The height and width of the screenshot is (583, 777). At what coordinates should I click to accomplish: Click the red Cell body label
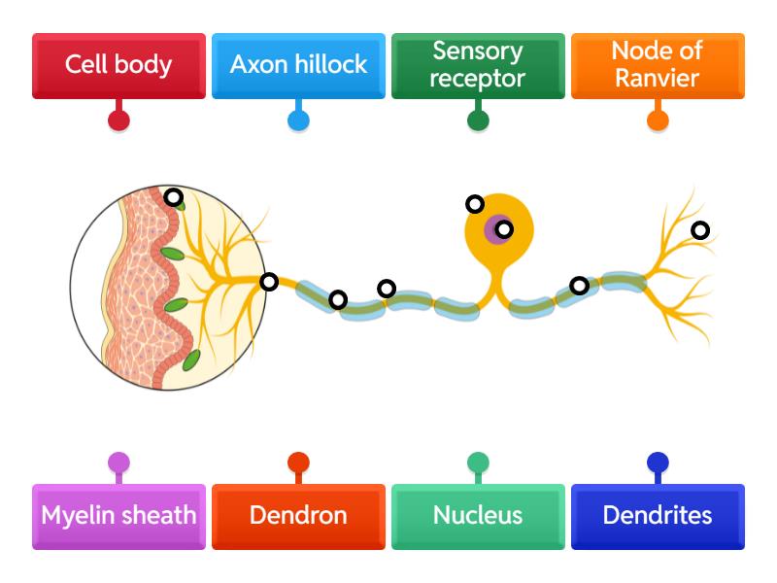(118, 65)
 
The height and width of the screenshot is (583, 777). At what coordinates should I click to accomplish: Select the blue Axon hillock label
(298, 65)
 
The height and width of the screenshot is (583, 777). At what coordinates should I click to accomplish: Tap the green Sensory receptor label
(477, 65)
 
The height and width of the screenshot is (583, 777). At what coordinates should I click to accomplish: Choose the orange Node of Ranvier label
(658, 65)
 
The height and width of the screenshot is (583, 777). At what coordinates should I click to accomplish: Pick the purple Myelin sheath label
(118, 516)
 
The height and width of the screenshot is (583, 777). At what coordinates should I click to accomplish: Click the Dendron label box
(298, 516)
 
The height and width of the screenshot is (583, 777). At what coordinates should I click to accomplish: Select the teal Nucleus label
(477, 516)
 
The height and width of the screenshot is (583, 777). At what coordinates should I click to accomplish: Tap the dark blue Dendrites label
(658, 516)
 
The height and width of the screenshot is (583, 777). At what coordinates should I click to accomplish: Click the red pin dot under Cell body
(118, 120)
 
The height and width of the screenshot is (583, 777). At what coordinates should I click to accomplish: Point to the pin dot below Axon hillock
(298, 120)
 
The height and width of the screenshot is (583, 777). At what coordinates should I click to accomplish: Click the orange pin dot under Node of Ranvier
(658, 120)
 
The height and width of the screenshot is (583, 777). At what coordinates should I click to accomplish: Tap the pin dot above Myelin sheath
(118, 462)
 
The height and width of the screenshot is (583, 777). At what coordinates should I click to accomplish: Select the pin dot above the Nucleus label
(477, 462)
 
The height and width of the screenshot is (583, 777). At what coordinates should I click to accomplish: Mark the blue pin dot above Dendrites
(658, 462)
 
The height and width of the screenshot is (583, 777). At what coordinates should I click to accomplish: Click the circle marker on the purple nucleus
(503, 229)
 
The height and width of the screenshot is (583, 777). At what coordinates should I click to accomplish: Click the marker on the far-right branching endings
(700, 230)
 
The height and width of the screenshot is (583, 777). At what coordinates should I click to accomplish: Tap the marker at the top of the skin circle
(173, 197)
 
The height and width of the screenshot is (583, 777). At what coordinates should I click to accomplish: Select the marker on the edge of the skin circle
(269, 282)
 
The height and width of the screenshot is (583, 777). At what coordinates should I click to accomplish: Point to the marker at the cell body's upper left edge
(474, 204)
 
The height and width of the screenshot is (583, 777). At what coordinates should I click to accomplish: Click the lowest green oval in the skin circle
(191, 360)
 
